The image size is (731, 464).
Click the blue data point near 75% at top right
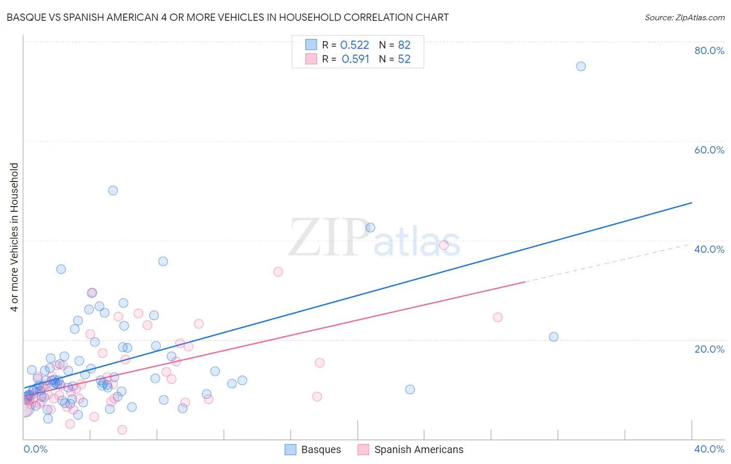pos(581,67)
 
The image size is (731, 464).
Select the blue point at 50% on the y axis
pos(113,190)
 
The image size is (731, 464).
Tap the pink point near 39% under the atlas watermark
pos(443,245)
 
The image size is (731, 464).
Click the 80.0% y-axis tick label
pos(709,50)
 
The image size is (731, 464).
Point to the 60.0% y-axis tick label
pos(709,150)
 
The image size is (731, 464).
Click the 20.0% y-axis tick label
pos(709,349)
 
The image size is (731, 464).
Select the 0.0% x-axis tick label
pos(35,449)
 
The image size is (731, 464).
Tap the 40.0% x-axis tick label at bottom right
pos(709,449)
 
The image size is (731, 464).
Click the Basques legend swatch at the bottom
pos(291,449)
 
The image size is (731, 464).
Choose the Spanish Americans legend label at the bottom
pos(419,449)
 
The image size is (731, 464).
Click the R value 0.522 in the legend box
pos(355,45)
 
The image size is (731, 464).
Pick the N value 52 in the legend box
pos(404,59)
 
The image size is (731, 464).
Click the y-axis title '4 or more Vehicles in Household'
pos(15,237)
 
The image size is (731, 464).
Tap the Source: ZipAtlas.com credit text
pos(684,18)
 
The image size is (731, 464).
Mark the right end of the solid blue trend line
pos(691,202)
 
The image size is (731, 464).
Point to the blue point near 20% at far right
pos(554,337)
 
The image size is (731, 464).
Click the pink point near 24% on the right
pos(498,317)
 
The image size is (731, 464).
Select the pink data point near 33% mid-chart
pos(278,272)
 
